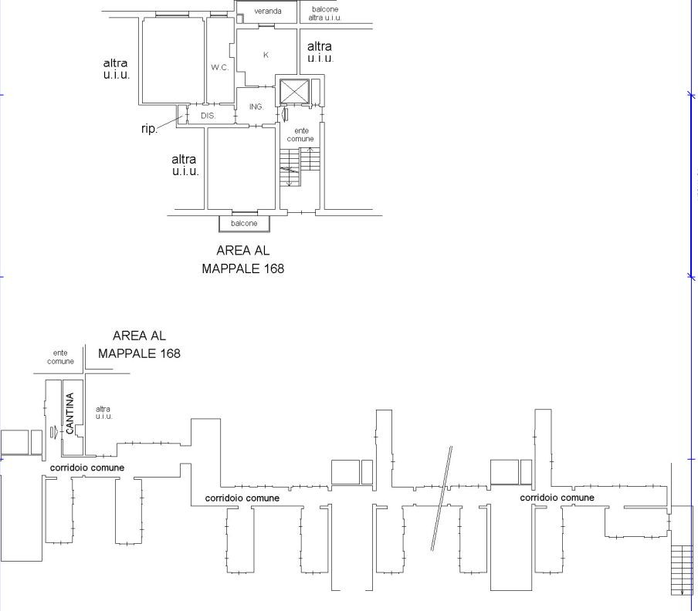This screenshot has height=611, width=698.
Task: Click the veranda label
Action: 267,11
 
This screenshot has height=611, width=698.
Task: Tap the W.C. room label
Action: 220,68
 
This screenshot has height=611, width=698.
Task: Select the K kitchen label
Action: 266,55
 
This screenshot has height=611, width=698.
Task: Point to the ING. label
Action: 256,106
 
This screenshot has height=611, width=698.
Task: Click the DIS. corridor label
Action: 208,116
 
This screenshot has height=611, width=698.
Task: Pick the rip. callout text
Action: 149,129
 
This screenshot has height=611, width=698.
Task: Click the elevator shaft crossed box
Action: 294,92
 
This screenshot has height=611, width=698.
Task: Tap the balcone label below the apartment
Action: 244,223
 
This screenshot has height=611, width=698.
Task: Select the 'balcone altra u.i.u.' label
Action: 325,13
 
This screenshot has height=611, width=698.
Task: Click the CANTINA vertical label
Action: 69,413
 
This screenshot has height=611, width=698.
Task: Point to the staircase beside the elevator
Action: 300,167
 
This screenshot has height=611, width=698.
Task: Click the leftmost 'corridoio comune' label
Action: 87,468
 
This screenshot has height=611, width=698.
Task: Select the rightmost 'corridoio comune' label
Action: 557,498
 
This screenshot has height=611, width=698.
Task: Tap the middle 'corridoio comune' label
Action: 242,498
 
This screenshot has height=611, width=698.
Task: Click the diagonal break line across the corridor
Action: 442,498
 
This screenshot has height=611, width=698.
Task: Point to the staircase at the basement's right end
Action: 682,570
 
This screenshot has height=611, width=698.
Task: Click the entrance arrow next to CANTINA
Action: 54,432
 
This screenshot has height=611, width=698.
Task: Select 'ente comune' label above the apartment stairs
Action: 300,135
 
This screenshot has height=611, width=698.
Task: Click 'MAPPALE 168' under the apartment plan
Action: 243,268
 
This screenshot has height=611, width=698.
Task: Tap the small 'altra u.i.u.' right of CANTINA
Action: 103,413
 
